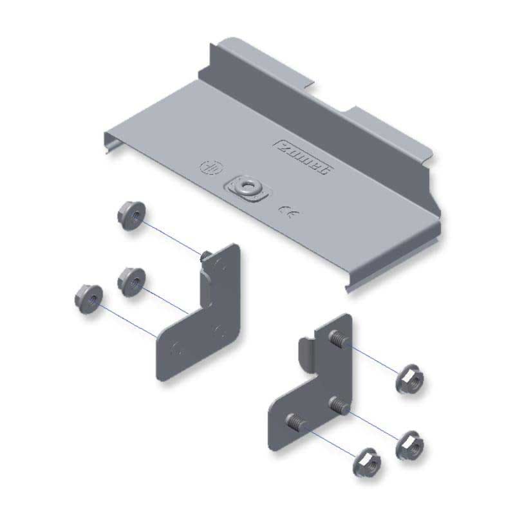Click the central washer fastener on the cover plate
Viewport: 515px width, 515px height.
[x=246, y=187]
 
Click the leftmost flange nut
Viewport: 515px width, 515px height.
[x=86, y=297]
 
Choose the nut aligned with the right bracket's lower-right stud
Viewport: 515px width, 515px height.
[x=408, y=444]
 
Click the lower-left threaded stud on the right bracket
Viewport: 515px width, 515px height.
[x=294, y=423]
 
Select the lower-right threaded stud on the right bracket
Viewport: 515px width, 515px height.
[x=337, y=406]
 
